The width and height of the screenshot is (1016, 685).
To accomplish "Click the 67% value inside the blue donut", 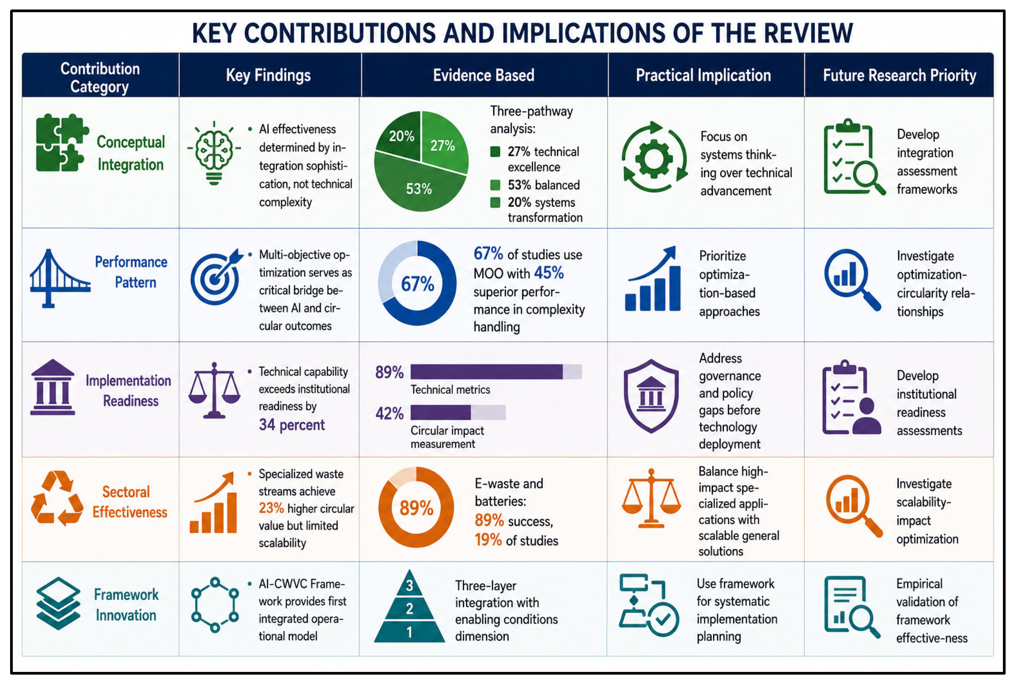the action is coord(417,284).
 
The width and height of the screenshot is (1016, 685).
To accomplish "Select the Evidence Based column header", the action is coord(483,75).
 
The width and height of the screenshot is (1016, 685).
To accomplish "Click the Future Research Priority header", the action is coord(899,75).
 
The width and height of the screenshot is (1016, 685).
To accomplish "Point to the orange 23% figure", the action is coord(271,508).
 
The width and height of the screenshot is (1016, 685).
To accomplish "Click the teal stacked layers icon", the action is coord(58,603).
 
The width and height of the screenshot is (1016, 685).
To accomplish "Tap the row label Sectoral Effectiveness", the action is coord(129,502).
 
